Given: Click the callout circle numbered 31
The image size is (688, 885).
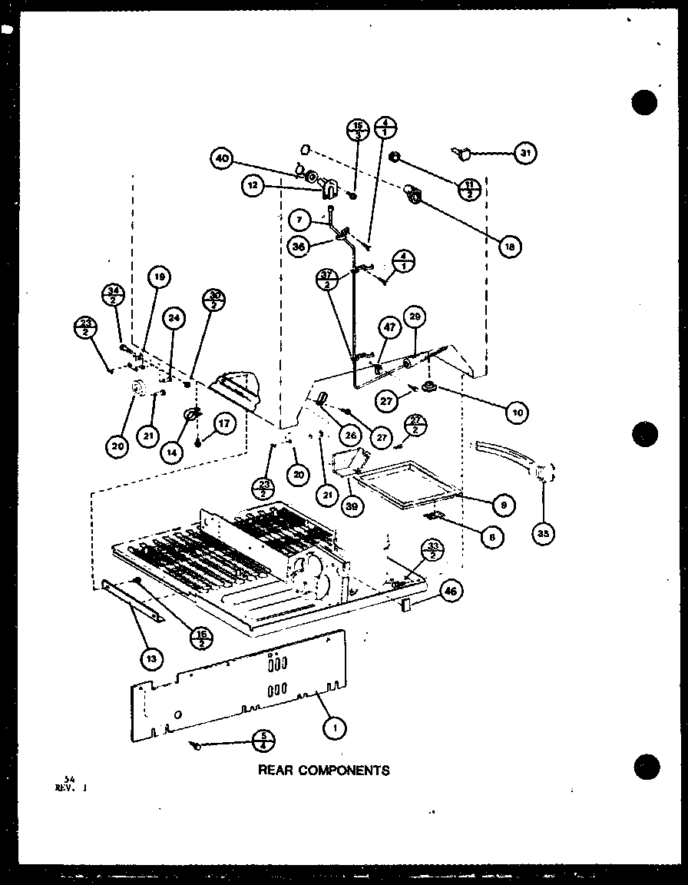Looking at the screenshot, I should tap(525, 154).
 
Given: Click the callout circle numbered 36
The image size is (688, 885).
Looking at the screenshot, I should tap(299, 245).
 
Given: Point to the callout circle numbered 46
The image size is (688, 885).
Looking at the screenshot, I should tap(451, 591).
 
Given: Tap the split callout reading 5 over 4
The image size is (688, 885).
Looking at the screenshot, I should tap(263, 741).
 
